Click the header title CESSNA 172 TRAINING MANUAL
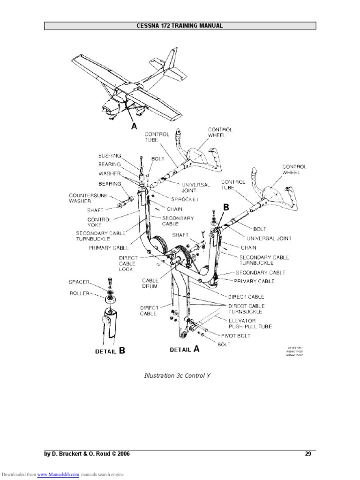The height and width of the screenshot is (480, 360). coord(180,26)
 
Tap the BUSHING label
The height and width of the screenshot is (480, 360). coord(110,155)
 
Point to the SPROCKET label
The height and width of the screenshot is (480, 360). coord(172,199)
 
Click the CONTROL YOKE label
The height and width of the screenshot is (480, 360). coord(99,222)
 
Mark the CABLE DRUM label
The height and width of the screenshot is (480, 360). coord(150,284)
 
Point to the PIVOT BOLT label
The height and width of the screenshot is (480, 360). coord(239,336)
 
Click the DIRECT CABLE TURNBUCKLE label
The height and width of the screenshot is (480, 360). coord(247,308)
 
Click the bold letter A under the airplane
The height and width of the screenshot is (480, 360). coord(135,126)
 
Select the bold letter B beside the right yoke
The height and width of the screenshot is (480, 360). coord(226,207)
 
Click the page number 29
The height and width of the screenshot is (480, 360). coord(308,454)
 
